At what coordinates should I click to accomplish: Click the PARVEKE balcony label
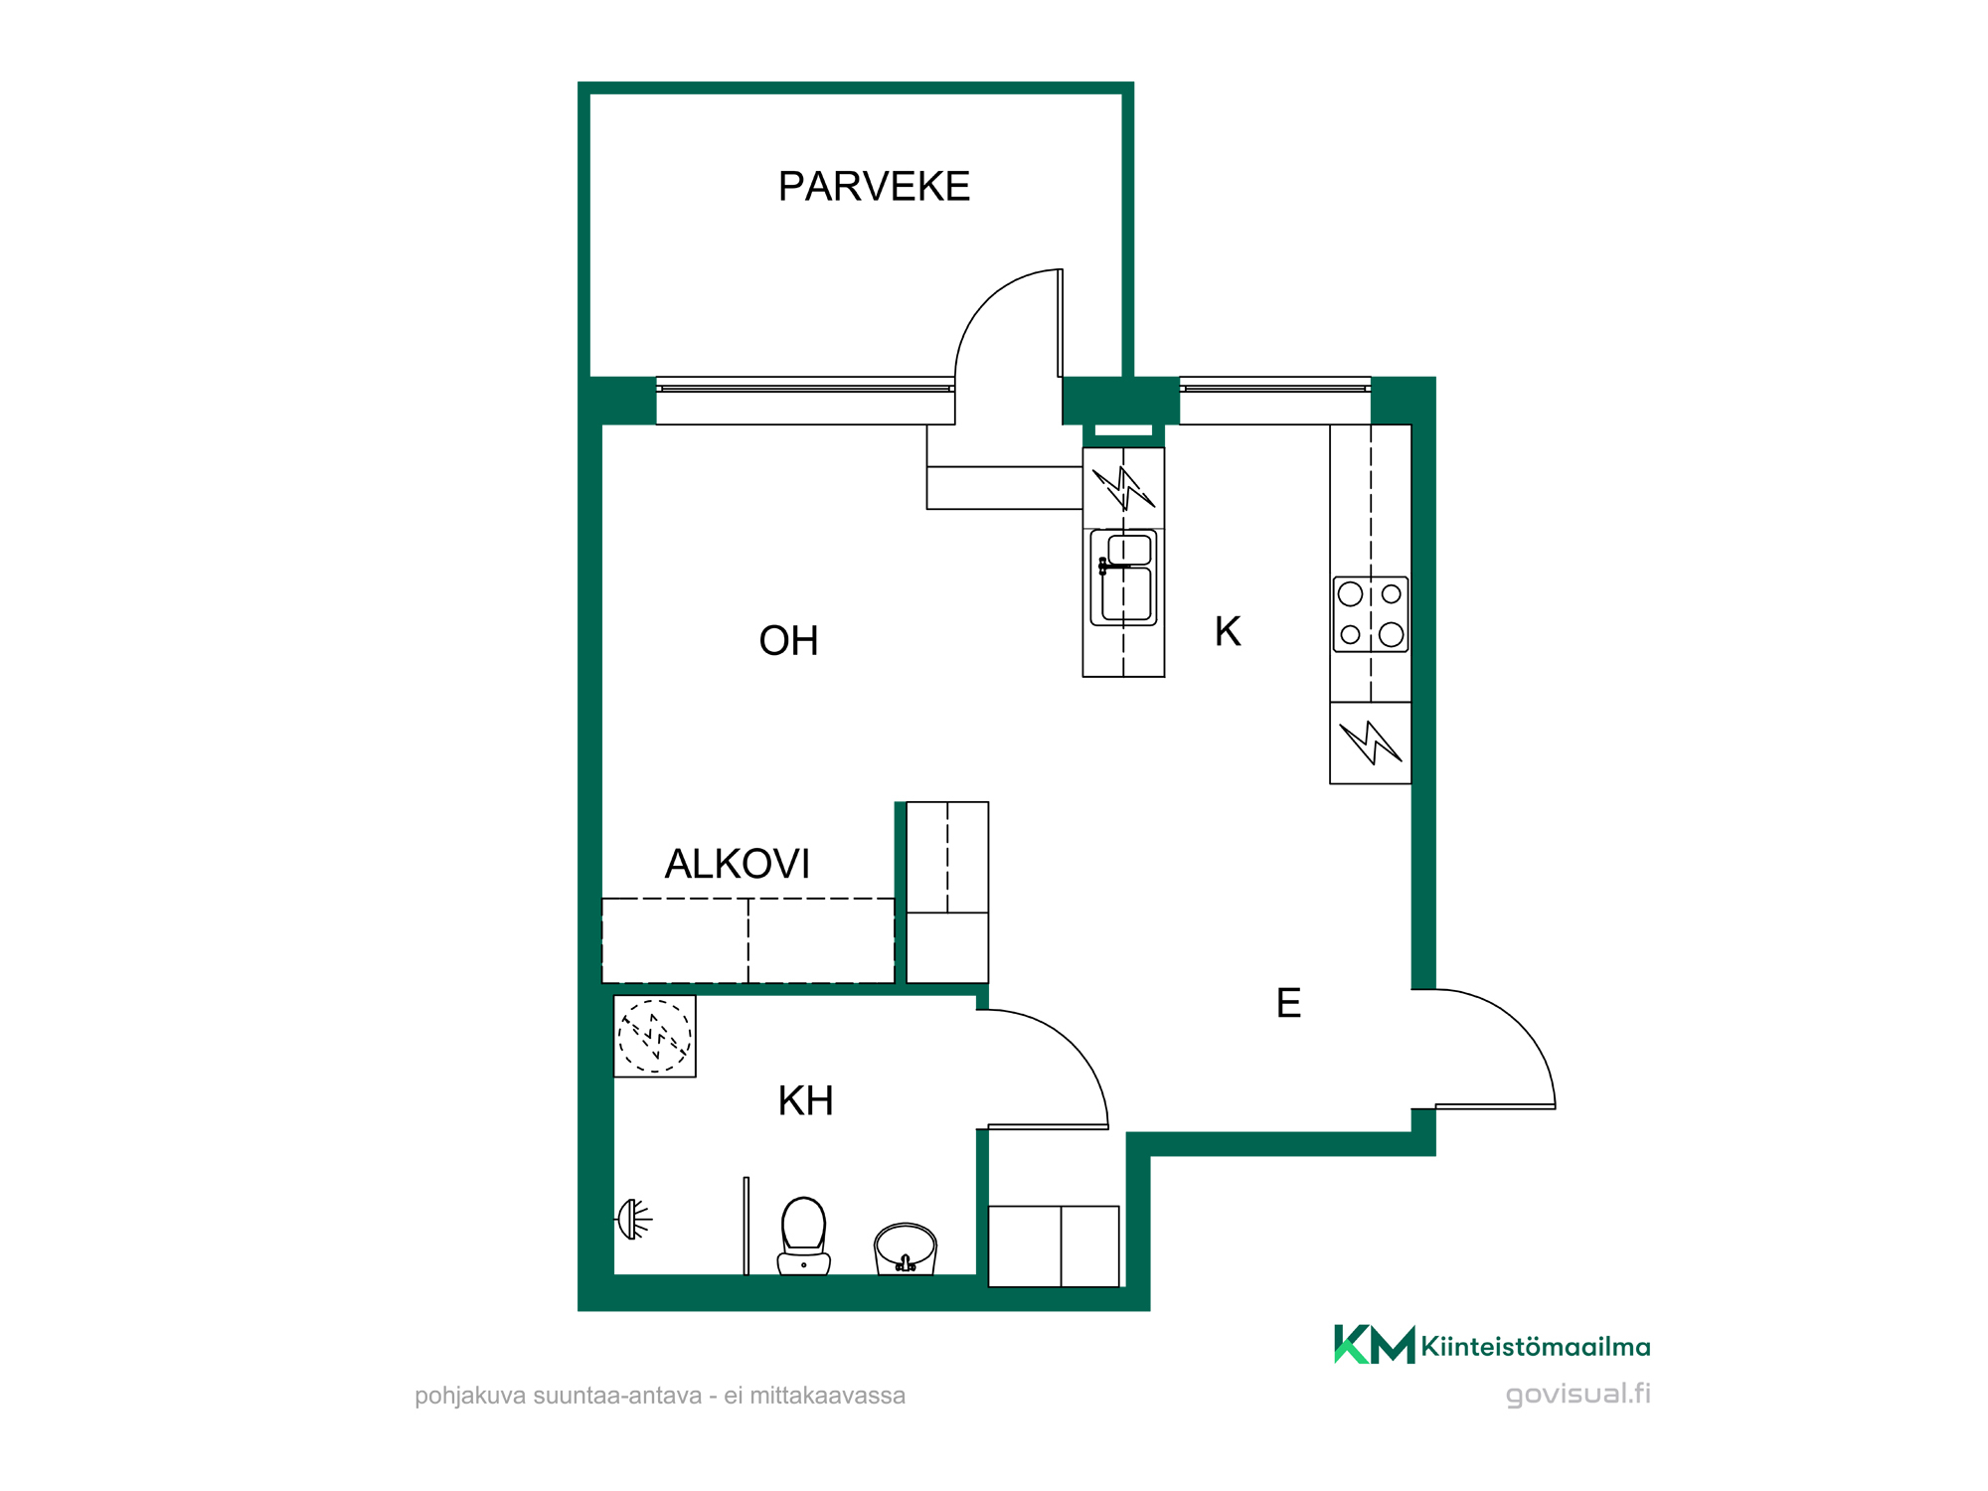(874, 187)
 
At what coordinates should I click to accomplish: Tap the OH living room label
(788, 641)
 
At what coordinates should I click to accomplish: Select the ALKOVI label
(737, 864)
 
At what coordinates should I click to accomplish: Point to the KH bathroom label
(805, 1101)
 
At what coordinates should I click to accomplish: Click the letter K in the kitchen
(1228, 631)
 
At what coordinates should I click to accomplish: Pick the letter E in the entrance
(1288, 1003)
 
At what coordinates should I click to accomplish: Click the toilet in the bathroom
(803, 1236)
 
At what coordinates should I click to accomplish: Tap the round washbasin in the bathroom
(905, 1248)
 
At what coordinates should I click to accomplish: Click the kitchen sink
(1124, 578)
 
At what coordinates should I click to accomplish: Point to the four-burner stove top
(1371, 614)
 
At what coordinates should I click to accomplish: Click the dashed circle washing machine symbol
(654, 1037)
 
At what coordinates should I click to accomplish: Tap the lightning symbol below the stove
(1371, 743)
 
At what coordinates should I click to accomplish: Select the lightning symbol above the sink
(1123, 488)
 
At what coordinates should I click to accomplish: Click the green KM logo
(1374, 1345)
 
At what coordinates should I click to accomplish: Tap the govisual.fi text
(1578, 1394)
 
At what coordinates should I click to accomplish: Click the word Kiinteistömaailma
(1536, 1347)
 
